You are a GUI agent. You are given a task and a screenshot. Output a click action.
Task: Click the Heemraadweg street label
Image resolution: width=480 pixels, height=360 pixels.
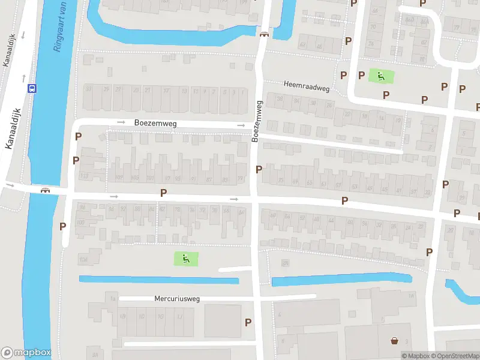[x=307, y=88]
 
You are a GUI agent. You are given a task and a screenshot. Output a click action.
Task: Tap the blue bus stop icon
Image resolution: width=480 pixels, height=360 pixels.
[x=32, y=88]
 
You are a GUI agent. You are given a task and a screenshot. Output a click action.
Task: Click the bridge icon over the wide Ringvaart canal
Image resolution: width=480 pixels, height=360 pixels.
[x=45, y=190]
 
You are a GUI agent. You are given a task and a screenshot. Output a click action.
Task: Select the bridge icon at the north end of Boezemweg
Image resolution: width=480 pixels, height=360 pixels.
[x=263, y=34]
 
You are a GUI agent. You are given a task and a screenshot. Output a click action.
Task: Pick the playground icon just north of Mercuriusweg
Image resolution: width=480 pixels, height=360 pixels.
[x=186, y=259]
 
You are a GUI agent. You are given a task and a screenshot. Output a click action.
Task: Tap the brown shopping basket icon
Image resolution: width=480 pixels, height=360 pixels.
[x=394, y=341]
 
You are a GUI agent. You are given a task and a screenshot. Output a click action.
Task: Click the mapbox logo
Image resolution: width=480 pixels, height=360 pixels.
[x=26, y=353]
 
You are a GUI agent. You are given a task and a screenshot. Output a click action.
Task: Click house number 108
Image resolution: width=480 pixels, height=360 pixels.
[x=83, y=259]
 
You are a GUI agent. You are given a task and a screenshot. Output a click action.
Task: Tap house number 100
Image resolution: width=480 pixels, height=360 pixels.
[x=80, y=223]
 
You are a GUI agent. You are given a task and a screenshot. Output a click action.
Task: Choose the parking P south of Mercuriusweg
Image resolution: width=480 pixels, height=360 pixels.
[x=248, y=322]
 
